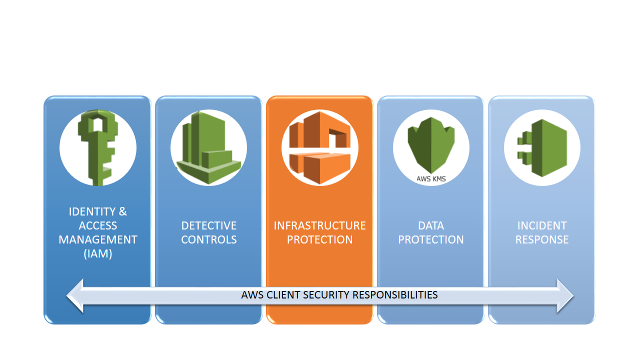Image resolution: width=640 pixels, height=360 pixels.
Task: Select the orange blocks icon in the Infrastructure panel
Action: (x=319, y=148)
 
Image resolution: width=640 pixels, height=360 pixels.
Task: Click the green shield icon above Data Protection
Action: (x=430, y=144)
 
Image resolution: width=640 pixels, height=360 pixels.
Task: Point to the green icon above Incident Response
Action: (x=542, y=148)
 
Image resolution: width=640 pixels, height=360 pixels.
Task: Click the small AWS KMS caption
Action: (x=431, y=178)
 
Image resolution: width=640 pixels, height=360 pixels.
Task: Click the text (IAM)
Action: (x=98, y=253)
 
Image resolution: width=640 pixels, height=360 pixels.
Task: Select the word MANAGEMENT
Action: (x=98, y=239)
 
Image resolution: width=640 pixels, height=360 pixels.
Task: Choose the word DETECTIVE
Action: (x=209, y=225)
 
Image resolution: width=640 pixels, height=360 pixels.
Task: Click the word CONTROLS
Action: (x=209, y=239)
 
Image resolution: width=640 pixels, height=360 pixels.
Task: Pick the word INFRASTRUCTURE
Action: (x=319, y=225)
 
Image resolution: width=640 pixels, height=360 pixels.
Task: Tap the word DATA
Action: (x=431, y=225)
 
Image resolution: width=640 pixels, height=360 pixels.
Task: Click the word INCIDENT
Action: (x=542, y=225)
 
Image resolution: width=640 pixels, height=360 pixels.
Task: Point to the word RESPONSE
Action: (x=542, y=239)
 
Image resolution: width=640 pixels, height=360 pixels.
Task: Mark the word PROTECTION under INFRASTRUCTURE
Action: (x=319, y=239)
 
